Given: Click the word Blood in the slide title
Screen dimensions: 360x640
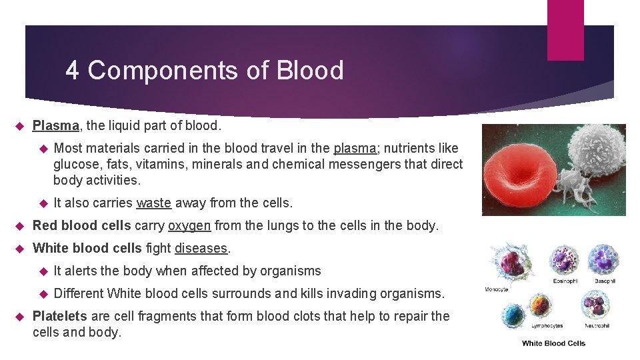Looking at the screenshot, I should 311,70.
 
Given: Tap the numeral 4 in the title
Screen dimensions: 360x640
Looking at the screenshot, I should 73,70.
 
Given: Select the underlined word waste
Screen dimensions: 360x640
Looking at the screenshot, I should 153,203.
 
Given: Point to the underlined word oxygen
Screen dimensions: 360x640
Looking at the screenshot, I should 189,225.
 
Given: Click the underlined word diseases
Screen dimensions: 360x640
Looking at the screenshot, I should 201,248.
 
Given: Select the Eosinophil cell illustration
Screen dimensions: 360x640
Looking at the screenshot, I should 563,260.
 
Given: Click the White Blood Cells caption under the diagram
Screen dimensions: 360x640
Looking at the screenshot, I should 553,343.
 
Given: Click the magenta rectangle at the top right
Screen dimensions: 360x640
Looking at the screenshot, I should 565,30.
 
